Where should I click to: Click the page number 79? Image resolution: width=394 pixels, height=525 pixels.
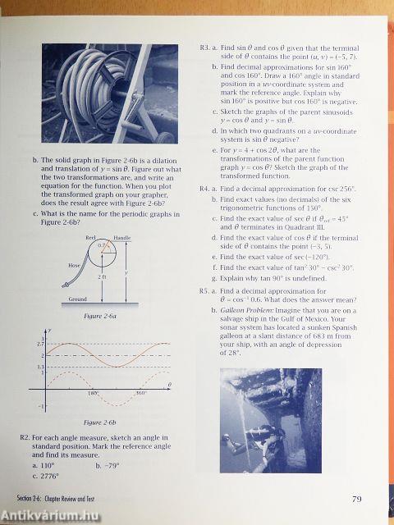356,498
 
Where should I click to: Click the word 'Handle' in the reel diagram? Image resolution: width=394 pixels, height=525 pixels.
122,238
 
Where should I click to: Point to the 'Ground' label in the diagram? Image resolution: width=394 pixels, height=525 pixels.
78,299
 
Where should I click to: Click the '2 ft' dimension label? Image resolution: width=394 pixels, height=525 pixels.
101,277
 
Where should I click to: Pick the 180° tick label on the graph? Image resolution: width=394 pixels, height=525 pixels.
93,393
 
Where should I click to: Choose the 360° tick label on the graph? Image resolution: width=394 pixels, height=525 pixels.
140,393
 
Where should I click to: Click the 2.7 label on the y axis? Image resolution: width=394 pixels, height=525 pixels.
40,344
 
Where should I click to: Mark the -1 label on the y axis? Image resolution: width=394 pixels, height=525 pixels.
41,406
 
